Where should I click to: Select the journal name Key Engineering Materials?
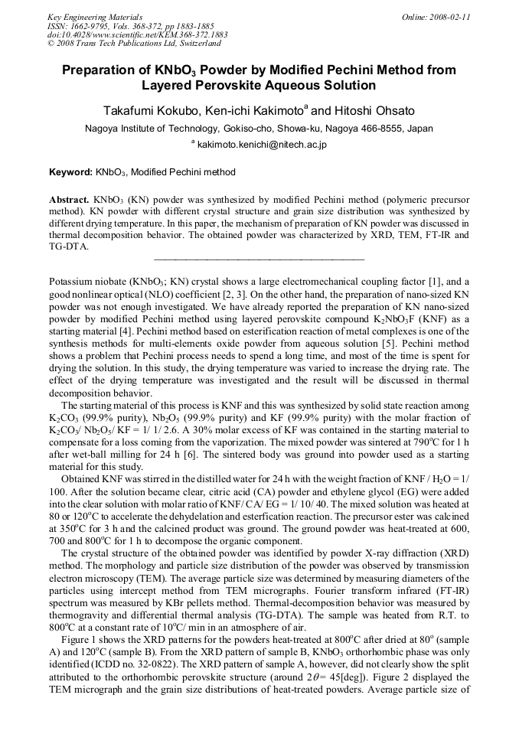(x=94, y=16)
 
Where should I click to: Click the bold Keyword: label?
(x=71, y=173)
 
